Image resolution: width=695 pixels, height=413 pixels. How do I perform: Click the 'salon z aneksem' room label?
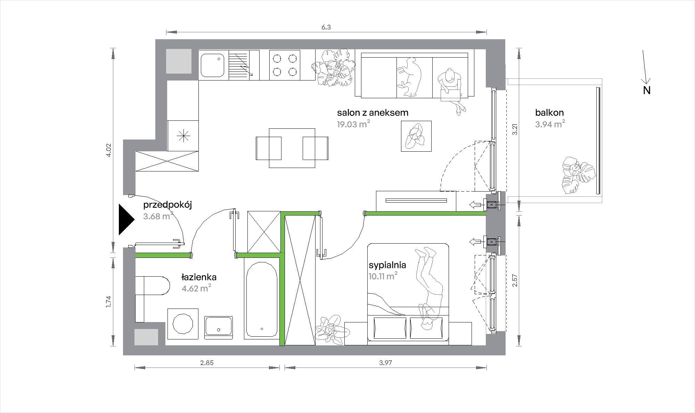click(x=373, y=112)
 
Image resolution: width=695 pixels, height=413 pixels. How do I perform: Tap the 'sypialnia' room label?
click(x=387, y=265)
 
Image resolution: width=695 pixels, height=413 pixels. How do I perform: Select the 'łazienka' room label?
click(x=199, y=277)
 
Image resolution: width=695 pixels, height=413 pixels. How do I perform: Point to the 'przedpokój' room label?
click(x=167, y=205)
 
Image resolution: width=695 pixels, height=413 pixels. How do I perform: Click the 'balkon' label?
click(x=549, y=112)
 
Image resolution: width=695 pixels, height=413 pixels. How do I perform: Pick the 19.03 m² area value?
click(x=353, y=124)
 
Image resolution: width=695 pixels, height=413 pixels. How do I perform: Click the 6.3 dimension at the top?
click(x=326, y=27)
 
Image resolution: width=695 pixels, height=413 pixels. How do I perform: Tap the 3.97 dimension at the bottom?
click(x=386, y=363)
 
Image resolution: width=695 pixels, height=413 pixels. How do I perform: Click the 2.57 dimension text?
click(x=515, y=280)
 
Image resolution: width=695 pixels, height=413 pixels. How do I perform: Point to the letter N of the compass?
click(x=647, y=90)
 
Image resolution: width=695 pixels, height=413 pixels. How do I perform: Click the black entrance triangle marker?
click(x=126, y=219)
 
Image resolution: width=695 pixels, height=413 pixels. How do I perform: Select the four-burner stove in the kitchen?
click(x=285, y=65)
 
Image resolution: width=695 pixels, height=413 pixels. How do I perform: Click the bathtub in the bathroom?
click(x=261, y=300)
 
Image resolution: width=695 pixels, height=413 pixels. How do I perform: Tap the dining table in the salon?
click(x=292, y=148)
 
